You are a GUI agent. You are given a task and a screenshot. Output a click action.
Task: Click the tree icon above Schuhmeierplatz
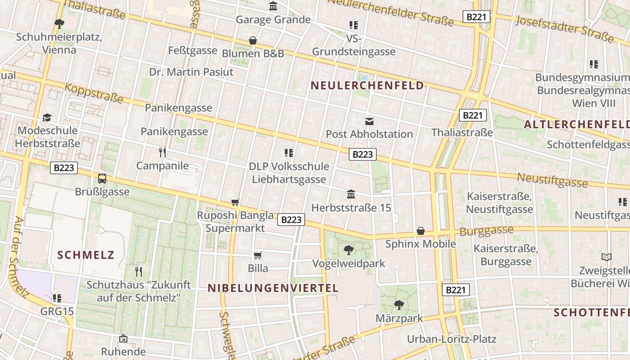[x=59, y=23]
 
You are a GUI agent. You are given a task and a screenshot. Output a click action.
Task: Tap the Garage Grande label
[x=273, y=19]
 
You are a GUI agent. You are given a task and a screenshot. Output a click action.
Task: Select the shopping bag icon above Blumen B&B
[x=253, y=40]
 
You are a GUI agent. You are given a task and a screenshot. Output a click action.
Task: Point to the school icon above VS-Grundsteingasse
[x=354, y=25]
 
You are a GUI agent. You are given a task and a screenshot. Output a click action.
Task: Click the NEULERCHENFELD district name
[x=367, y=85]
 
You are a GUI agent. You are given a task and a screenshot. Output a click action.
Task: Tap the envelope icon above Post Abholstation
[x=369, y=121]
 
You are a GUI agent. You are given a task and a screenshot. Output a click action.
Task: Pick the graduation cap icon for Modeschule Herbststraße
[x=47, y=118]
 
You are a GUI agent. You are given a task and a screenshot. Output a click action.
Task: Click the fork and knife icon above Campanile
[x=162, y=153]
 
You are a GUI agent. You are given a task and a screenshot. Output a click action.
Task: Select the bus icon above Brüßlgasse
[x=102, y=179]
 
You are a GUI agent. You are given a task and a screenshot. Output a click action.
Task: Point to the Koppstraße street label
[x=94, y=92]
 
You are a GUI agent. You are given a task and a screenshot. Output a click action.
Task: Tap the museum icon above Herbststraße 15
[x=351, y=194]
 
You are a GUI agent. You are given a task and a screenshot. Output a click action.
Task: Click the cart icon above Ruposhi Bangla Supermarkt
[x=235, y=202]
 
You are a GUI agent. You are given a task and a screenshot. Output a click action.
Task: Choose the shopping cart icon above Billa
[x=258, y=256]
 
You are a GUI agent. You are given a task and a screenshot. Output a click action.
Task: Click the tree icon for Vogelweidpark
[x=348, y=250]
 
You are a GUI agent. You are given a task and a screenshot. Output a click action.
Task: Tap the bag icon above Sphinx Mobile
[x=421, y=231]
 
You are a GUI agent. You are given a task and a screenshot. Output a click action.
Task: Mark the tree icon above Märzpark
[x=399, y=305]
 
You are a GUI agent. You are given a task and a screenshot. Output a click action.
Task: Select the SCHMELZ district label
[x=86, y=255]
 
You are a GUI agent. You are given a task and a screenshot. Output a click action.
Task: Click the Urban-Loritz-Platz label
[x=451, y=339]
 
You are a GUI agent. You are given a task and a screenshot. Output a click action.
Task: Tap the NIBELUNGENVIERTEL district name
[x=273, y=288]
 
